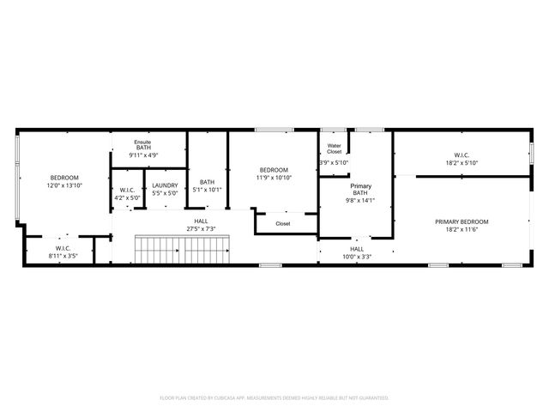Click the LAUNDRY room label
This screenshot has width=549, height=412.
coord(165,185)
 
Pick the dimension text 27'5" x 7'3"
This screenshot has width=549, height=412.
coord(200,229)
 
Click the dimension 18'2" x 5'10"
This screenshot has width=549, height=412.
coord(461,162)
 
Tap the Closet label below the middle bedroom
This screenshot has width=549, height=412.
coord(283,224)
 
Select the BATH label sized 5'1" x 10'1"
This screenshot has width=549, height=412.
coord(207,182)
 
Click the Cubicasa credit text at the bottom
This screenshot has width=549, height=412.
coord(274,397)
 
